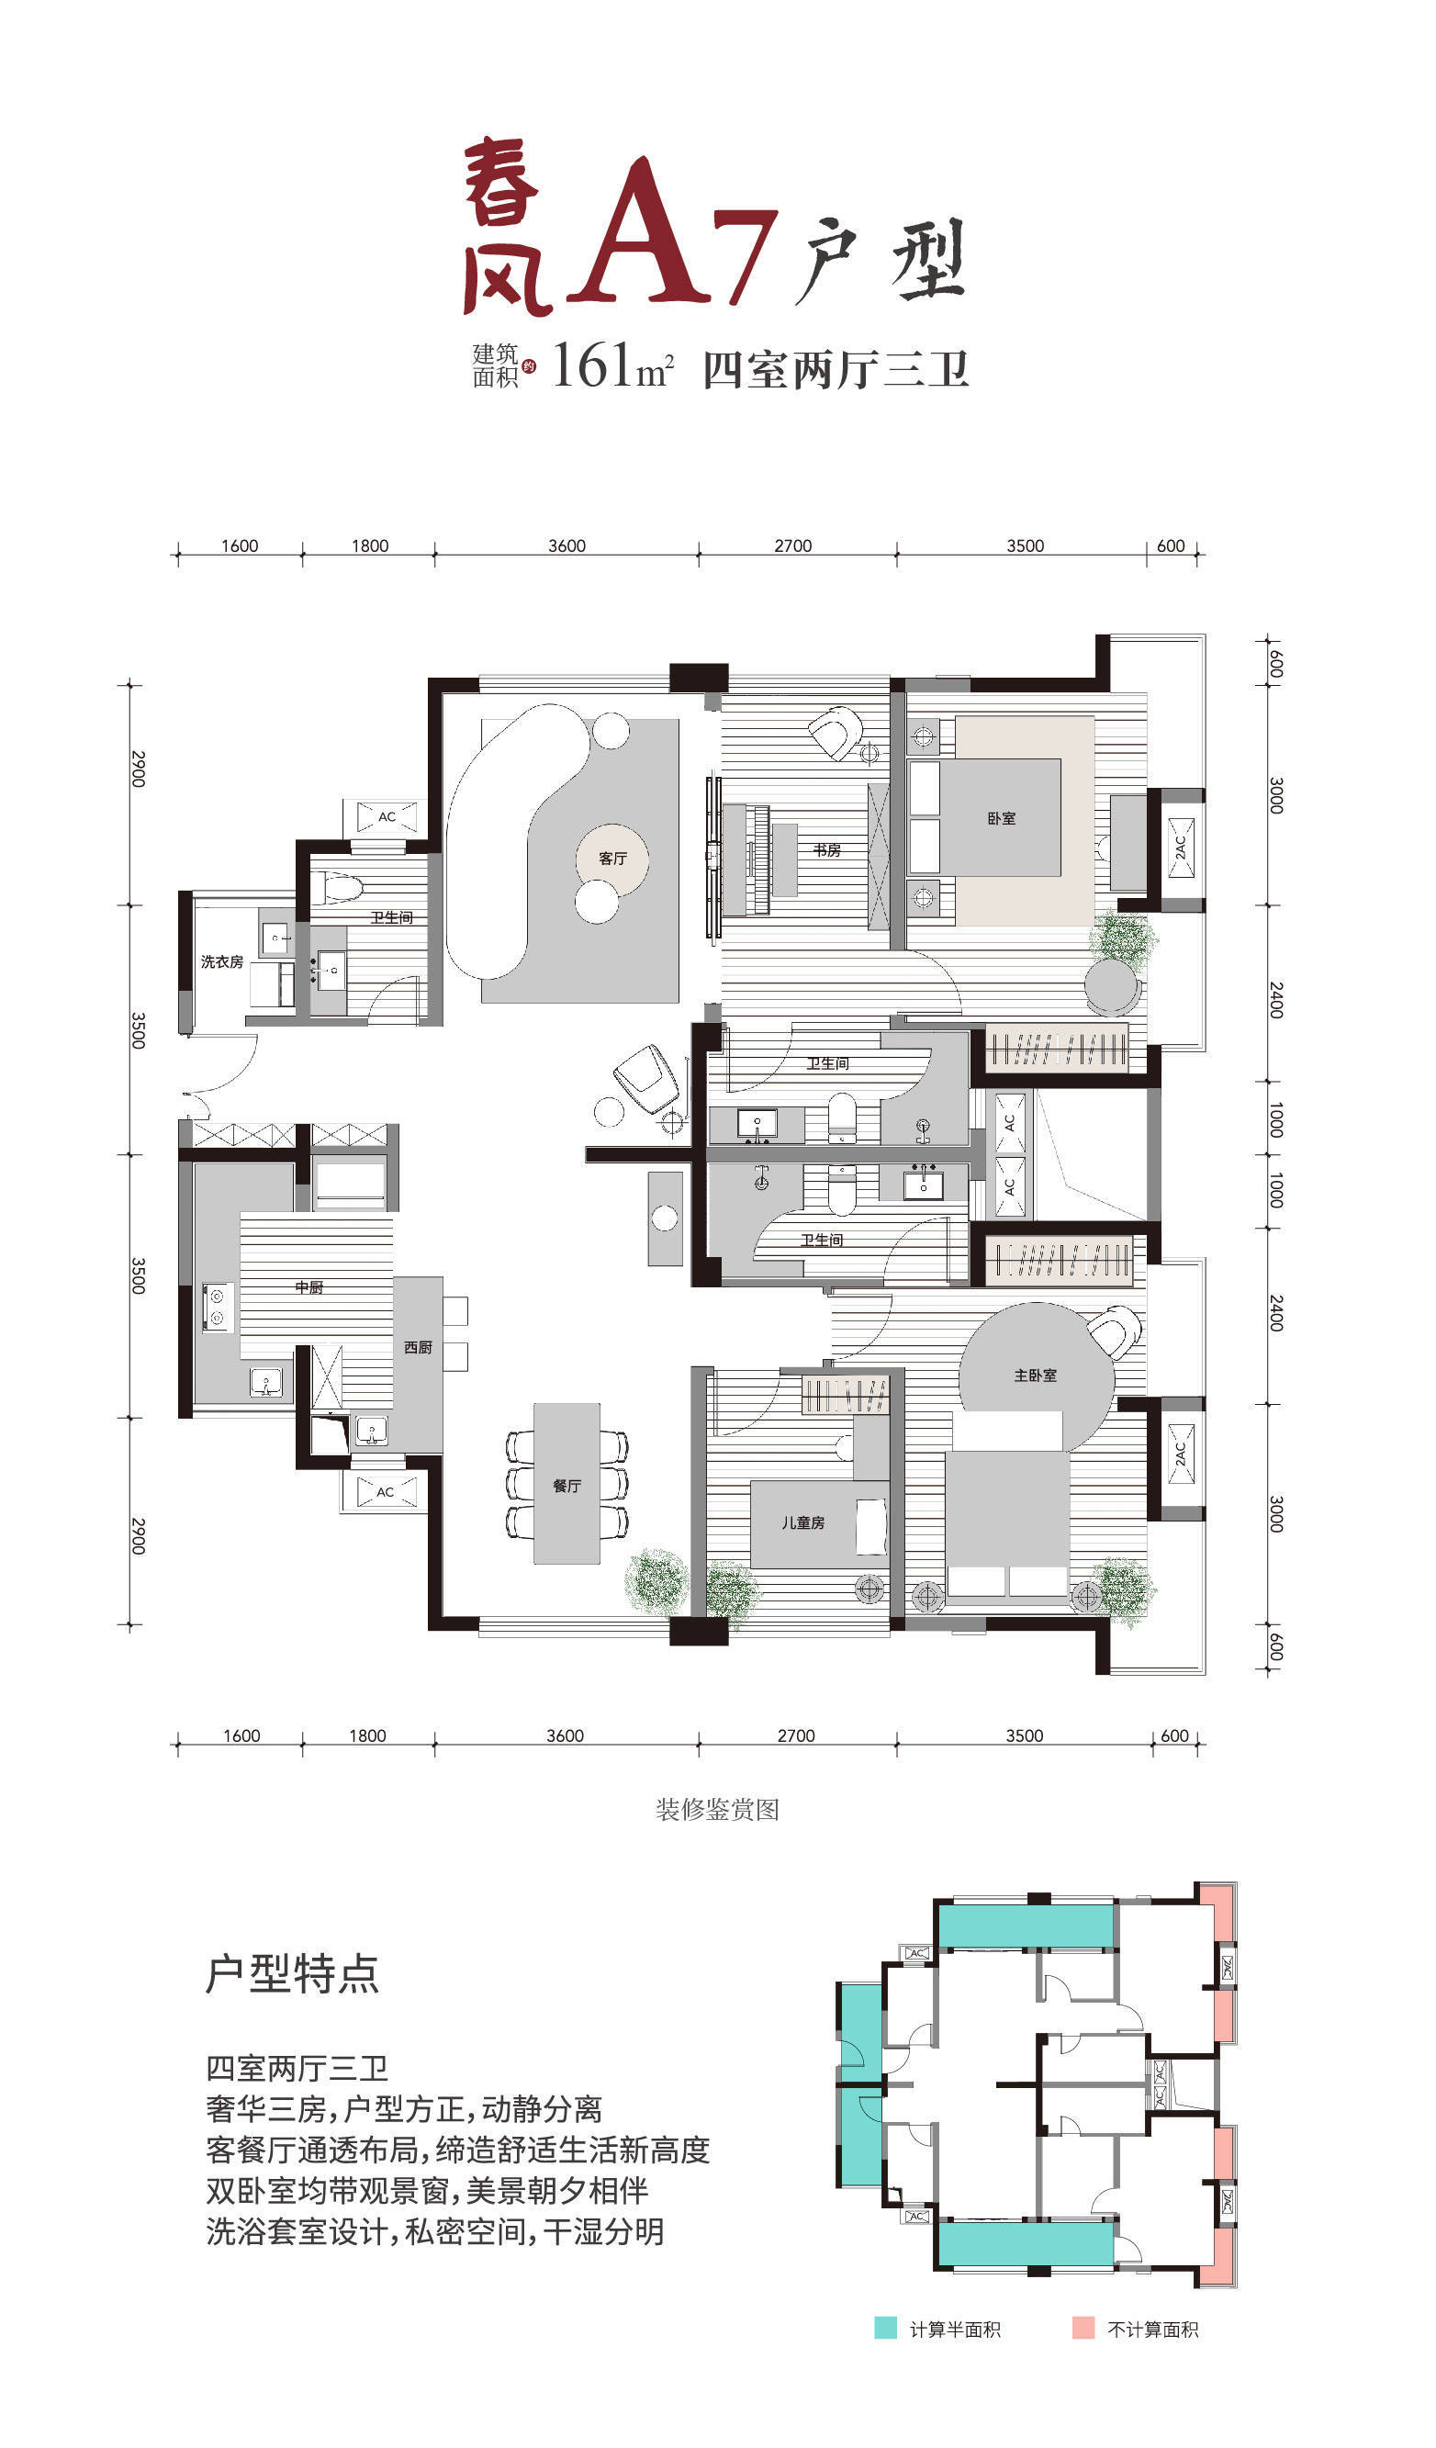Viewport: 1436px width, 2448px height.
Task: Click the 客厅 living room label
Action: tap(612, 858)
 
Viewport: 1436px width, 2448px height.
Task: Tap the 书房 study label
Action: tap(827, 850)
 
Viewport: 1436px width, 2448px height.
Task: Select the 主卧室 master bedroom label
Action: tap(1035, 1376)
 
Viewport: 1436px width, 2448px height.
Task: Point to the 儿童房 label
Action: tap(802, 1522)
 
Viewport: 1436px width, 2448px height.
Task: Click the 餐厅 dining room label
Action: tap(567, 1486)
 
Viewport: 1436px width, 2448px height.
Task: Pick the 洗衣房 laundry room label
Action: tap(221, 961)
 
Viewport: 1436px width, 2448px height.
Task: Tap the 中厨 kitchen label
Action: tap(309, 1287)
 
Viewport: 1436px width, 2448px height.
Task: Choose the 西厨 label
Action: tap(418, 1347)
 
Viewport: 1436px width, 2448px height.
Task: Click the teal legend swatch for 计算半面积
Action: tap(885, 2328)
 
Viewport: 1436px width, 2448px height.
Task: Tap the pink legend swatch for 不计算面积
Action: tap(1083, 2328)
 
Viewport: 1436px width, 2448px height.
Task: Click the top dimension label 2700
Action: tap(792, 546)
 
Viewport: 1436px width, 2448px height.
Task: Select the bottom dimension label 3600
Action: tap(566, 1736)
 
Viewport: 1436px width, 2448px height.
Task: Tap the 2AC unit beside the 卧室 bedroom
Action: tap(1181, 848)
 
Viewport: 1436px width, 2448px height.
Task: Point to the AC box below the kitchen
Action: tap(386, 1492)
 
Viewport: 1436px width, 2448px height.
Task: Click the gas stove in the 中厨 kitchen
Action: tap(217, 1307)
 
